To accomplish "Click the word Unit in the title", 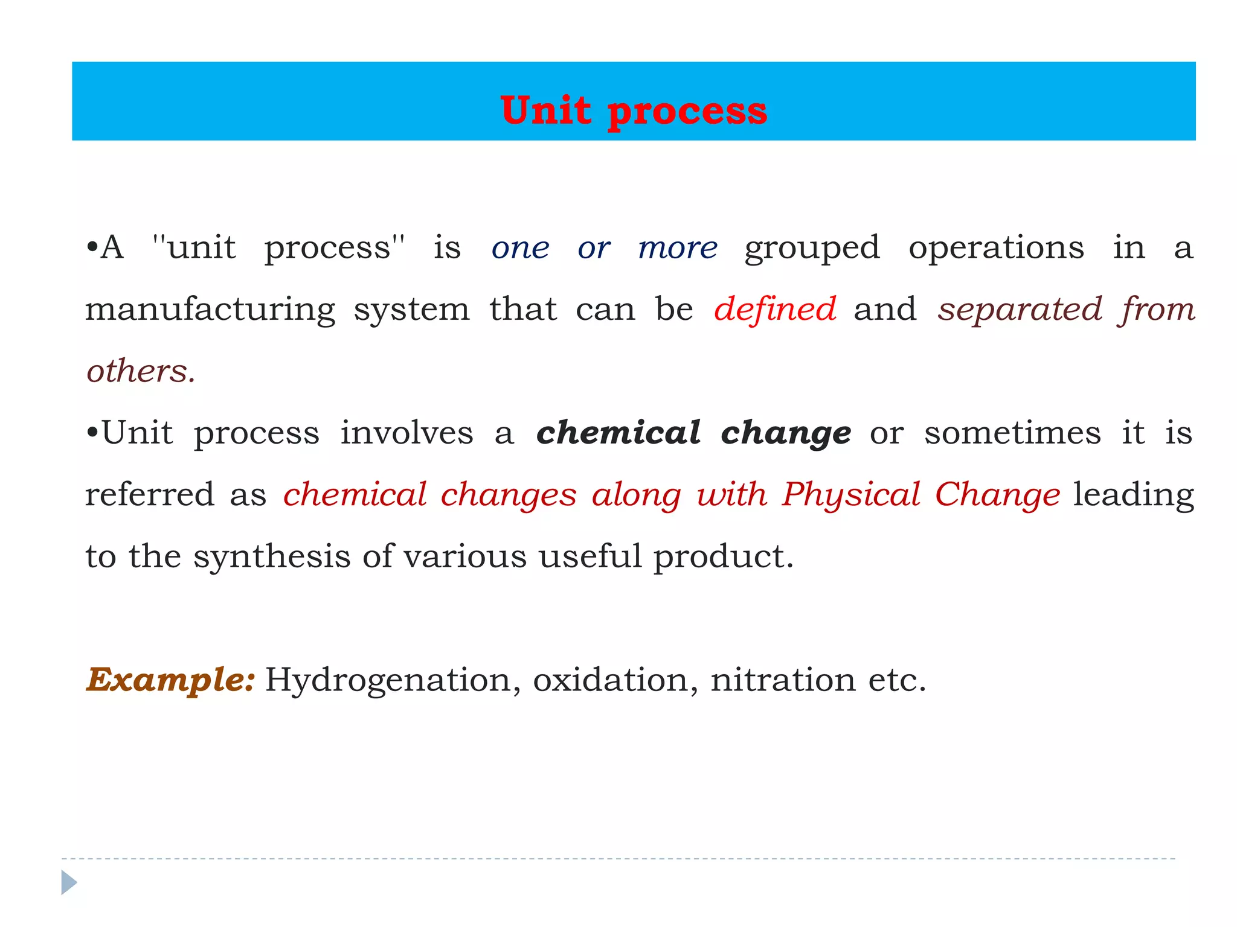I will coord(545,111).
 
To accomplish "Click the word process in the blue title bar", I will coord(687,112).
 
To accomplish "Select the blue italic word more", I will coord(678,248).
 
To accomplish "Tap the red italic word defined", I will coord(775,310).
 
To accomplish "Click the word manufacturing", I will coord(210,310).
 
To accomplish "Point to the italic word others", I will coord(140,371).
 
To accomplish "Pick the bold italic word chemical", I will coord(618,433).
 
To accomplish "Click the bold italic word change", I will coord(786,434).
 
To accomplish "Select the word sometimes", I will coord(1012,433).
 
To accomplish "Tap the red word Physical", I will coord(851,495).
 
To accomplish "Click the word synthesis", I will coord(272,557).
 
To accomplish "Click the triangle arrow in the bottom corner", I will coord(69,882).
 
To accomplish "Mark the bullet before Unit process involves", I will coord(92,433).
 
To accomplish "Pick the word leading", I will coord(1133,495).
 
